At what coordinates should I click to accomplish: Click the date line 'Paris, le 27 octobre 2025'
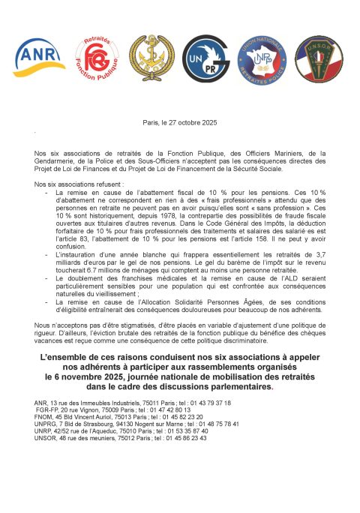180,122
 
